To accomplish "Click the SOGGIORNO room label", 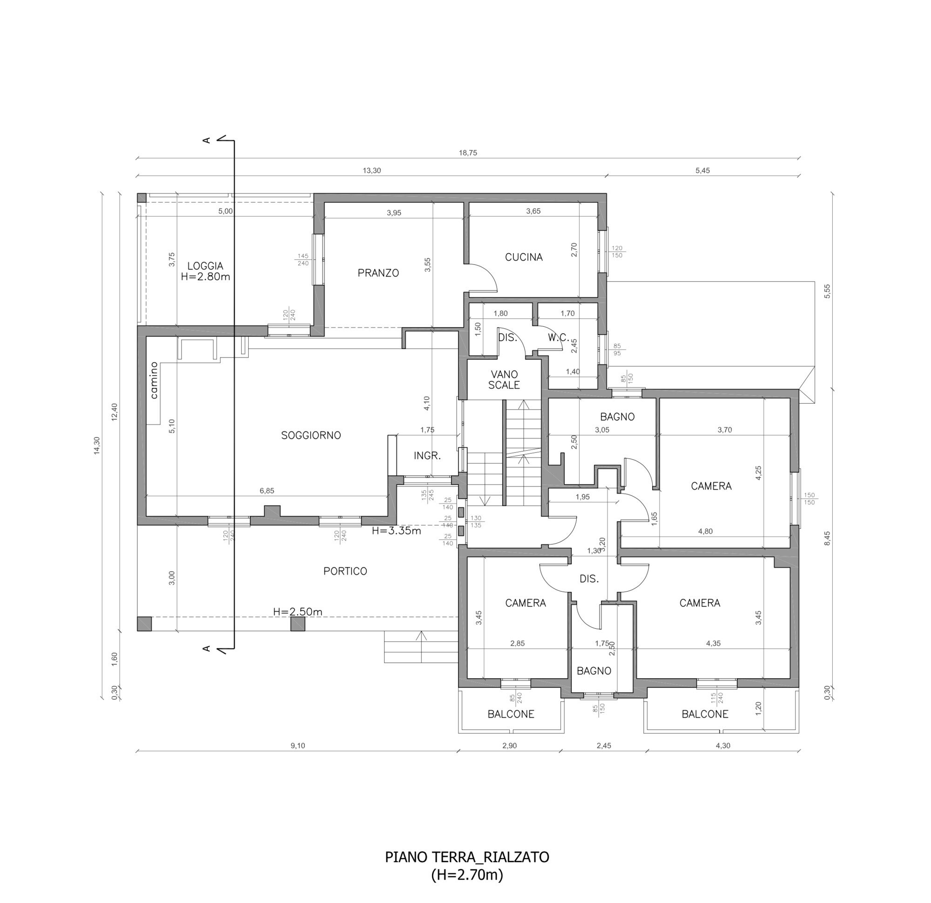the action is [311, 435].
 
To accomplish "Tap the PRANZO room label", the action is [378, 273].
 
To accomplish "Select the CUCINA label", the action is [523, 257].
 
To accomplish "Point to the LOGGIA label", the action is [205, 266].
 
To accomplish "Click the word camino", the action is [154, 380].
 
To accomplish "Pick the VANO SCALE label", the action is [505, 379].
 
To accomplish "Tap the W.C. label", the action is [558, 338].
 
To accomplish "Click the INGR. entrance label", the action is [427, 456].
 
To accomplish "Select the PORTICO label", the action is [345, 571].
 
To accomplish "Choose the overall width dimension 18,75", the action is [468, 153].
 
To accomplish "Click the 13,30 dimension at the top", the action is [372, 170].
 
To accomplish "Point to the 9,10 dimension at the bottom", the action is [298, 746].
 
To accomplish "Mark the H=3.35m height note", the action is [397, 531].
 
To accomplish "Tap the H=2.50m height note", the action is [298, 612].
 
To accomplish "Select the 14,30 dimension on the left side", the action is [97, 445].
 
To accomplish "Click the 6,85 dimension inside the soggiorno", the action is [267, 491].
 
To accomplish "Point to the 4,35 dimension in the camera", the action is [714, 644].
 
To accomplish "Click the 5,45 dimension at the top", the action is [702, 170].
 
